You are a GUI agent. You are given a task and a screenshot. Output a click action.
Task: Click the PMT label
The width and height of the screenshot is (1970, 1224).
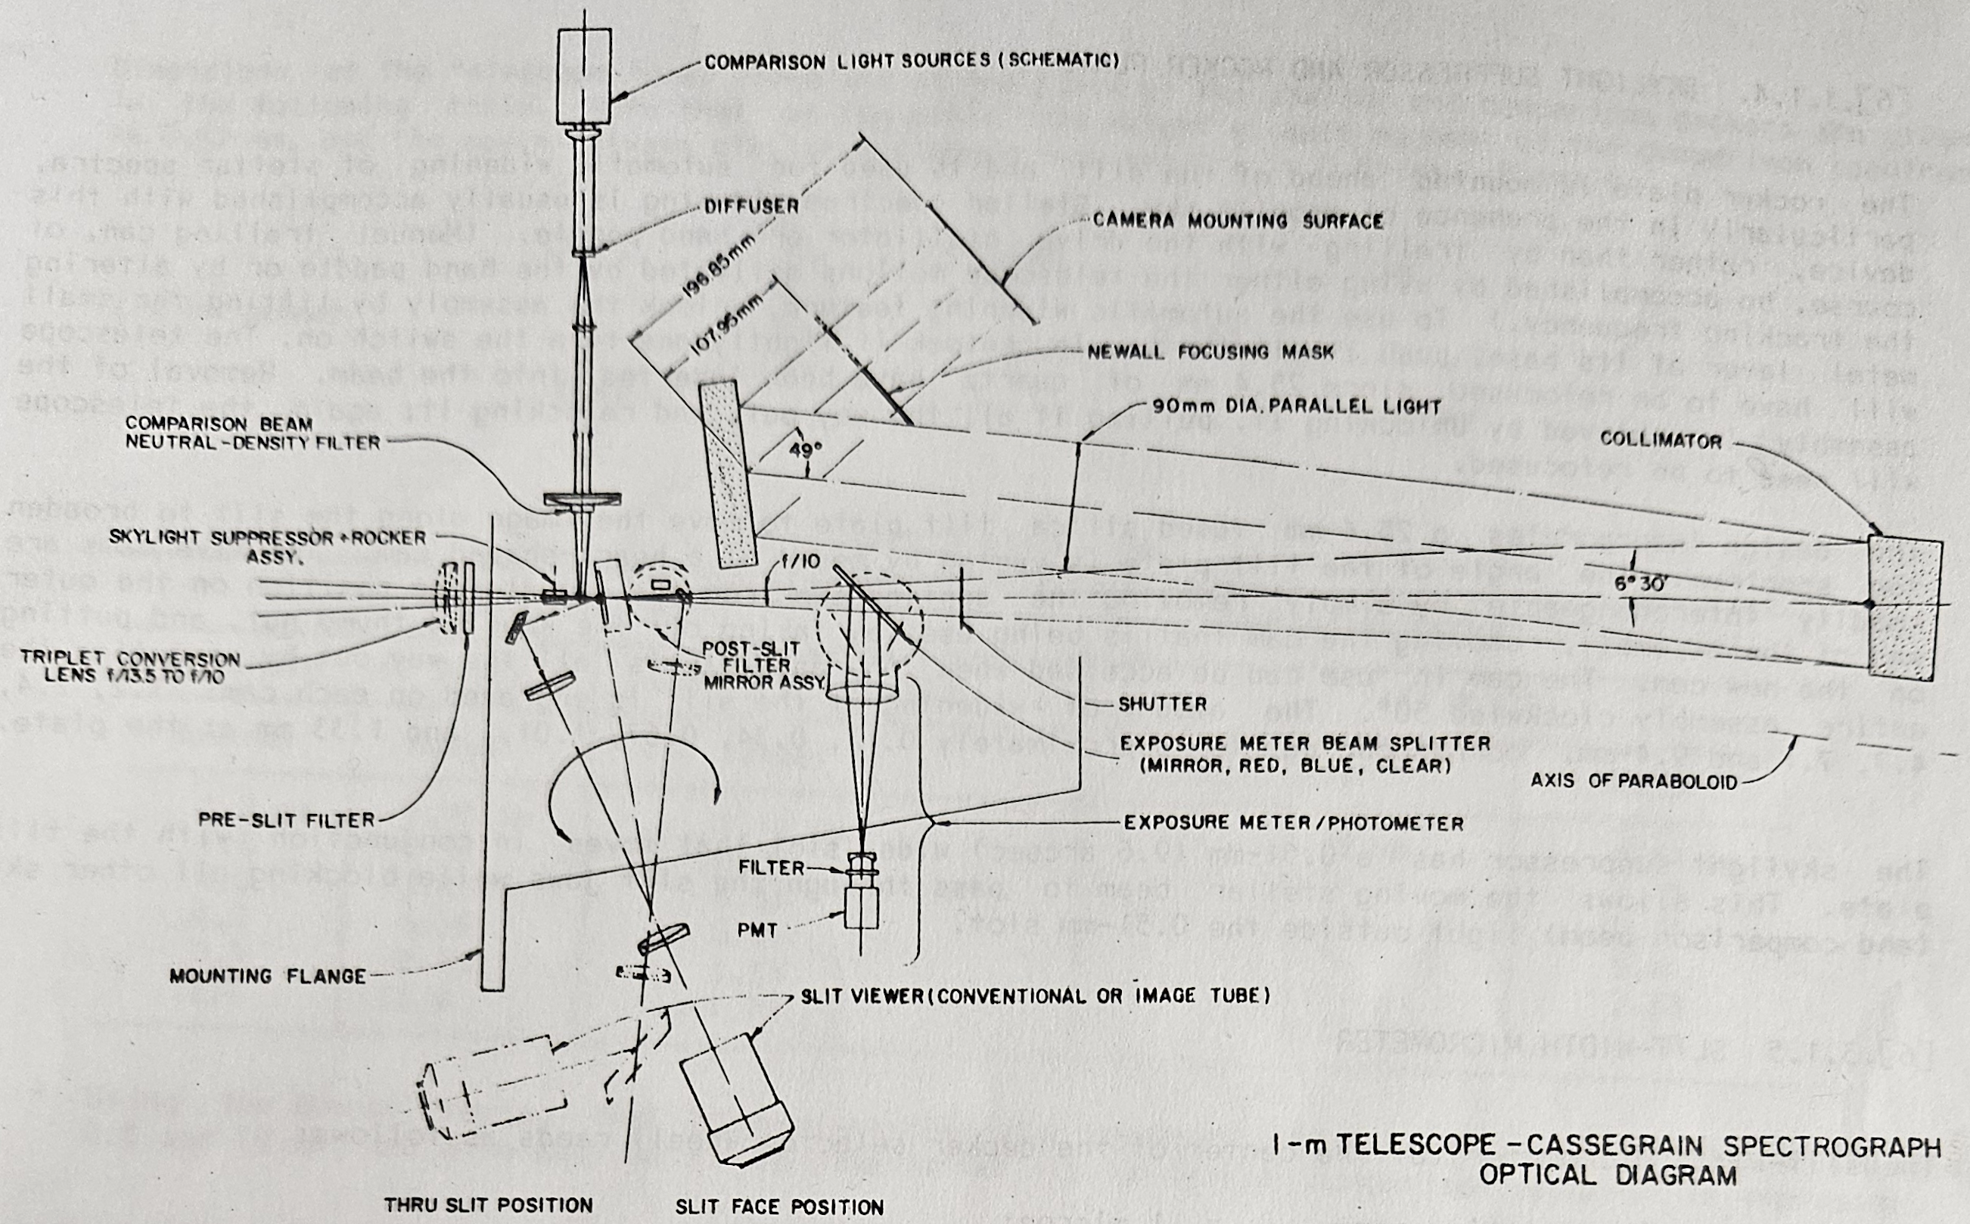757,930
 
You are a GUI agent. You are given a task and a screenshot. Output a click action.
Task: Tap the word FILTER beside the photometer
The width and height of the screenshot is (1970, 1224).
772,868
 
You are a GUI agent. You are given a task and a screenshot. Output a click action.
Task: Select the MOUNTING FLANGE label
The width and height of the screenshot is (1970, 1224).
267,977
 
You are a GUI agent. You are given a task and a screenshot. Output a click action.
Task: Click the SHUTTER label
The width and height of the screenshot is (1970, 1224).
1162,704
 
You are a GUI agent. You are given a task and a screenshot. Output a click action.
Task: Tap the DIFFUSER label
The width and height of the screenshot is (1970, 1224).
750,206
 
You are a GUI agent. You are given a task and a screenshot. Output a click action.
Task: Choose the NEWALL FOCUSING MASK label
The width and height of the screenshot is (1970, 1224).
1210,352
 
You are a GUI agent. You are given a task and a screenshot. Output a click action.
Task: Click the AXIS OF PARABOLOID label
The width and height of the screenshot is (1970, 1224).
1634,781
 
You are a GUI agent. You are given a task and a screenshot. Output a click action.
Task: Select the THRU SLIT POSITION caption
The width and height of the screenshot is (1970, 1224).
488,1204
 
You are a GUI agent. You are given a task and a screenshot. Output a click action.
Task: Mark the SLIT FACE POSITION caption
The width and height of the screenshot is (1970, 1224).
779,1207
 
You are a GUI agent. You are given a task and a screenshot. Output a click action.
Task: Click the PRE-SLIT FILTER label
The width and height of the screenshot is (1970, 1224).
287,820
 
